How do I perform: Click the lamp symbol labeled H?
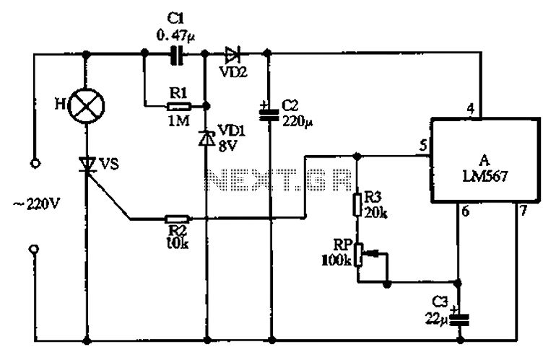click(86, 105)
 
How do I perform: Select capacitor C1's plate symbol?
click(177, 55)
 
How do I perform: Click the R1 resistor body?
click(179, 106)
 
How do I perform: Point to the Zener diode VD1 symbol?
click(207, 139)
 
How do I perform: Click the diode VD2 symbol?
click(233, 54)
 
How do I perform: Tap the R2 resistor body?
click(178, 219)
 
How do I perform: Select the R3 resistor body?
click(357, 204)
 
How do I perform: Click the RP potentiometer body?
click(359, 255)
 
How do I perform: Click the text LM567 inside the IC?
click(485, 176)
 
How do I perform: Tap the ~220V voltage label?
click(36, 204)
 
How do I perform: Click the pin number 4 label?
click(471, 109)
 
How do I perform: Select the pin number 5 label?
click(423, 146)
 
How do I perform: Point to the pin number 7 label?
click(524, 211)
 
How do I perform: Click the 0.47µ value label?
click(175, 36)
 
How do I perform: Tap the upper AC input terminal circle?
click(35, 164)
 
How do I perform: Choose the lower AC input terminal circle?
click(34, 249)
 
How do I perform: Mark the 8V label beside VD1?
click(227, 146)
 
